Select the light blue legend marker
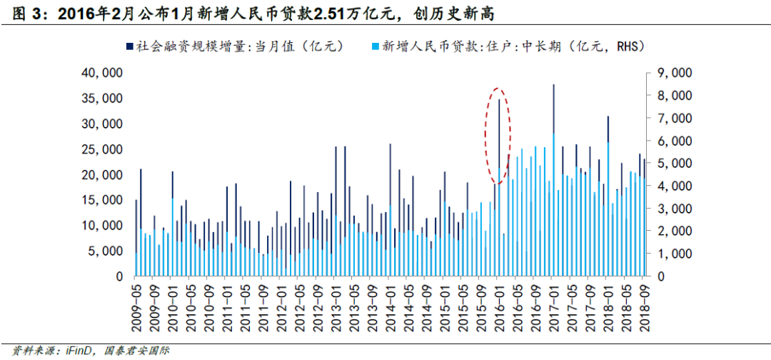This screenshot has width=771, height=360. click(376, 46)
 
